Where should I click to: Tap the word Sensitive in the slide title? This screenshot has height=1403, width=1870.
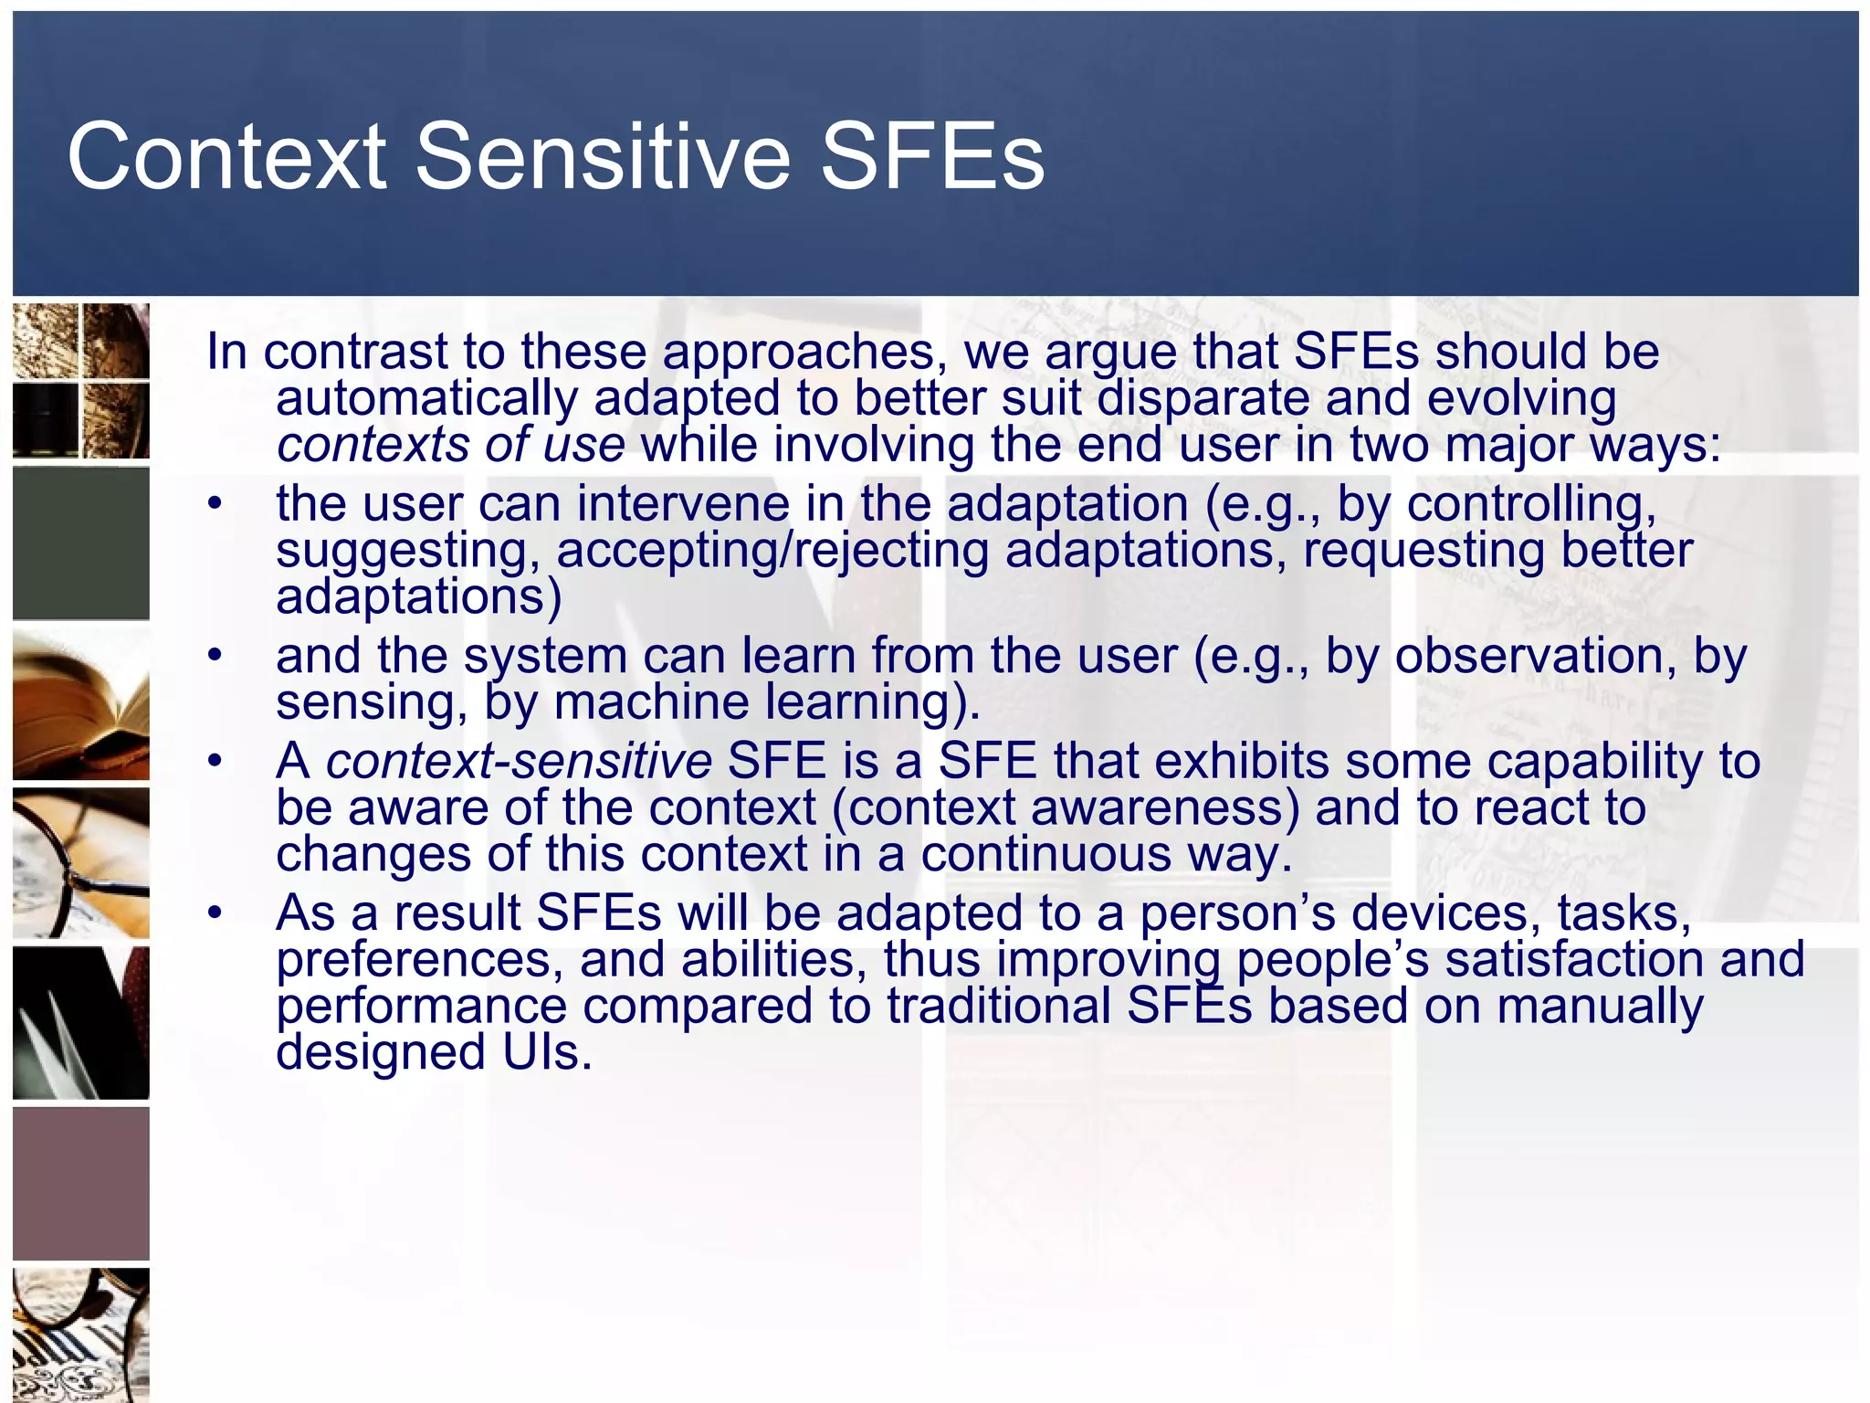tap(603, 157)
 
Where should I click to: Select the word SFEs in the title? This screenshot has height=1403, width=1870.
tap(931, 157)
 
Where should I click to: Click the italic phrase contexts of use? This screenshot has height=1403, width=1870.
tap(451, 446)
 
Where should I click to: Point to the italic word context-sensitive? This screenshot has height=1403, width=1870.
tap(519, 761)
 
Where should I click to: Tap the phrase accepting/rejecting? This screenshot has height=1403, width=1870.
tap(772, 551)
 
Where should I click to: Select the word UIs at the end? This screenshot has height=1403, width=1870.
tap(546, 1052)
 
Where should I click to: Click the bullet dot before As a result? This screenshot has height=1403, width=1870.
tap(215, 912)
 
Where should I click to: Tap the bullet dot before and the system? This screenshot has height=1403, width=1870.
tap(215, 656)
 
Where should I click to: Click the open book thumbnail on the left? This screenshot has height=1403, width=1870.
tap(81, 703)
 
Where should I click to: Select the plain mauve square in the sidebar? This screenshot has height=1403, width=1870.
tap(81, 1184)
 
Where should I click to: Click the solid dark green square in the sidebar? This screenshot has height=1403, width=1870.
tap(81, 543)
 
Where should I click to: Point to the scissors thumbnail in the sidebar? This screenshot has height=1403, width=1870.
tap(81, 1023)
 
